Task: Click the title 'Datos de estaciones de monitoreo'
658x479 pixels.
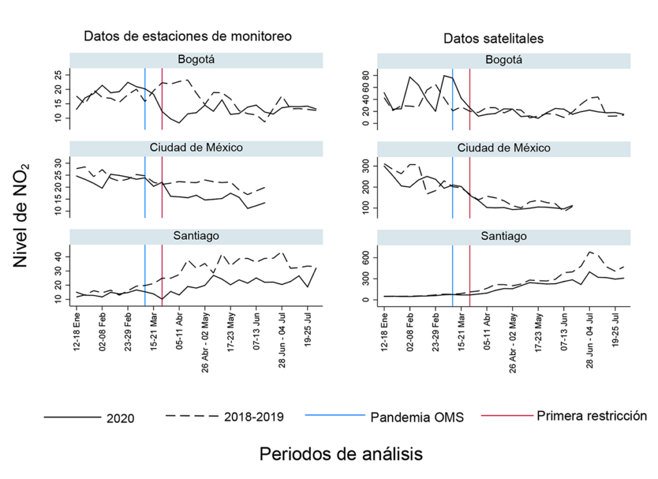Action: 188,37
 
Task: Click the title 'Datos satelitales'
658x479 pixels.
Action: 493,39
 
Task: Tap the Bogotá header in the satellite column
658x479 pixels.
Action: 504,60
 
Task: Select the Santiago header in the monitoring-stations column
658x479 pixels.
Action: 196,236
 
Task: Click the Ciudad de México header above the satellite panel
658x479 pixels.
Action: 504,148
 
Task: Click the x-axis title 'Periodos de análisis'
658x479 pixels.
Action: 341,454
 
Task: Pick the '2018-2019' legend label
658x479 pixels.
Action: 252,417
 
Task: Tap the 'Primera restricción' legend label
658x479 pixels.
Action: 591,415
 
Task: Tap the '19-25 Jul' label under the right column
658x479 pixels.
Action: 616,329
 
